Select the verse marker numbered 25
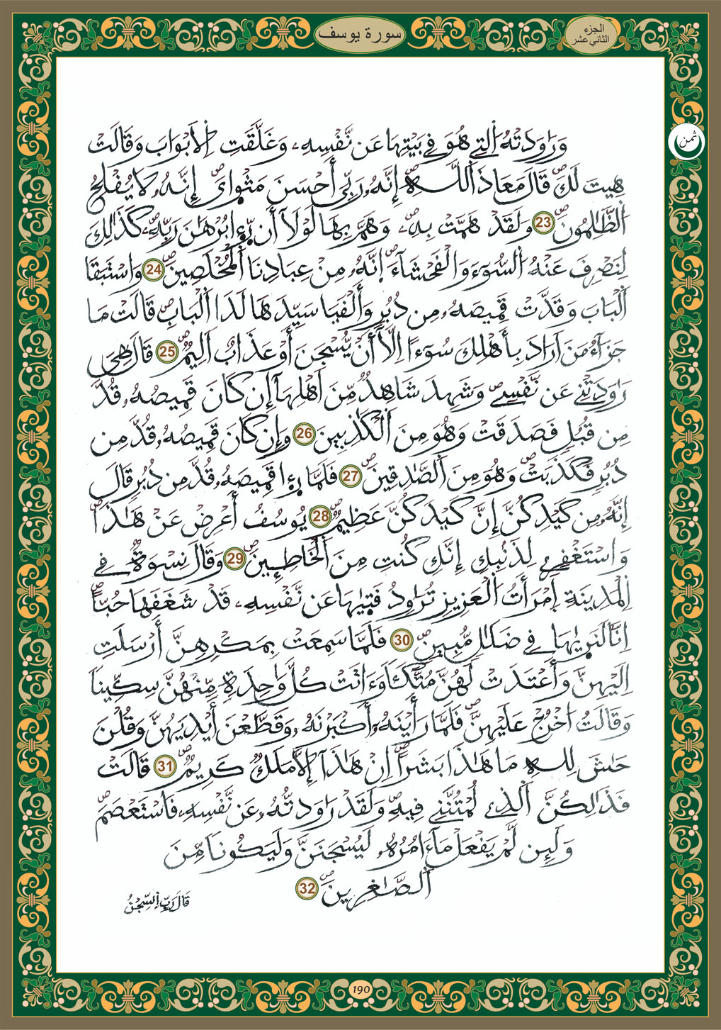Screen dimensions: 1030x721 pos(168,352)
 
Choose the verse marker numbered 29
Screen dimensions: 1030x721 pos(235,559)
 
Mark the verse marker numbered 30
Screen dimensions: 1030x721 pos(402,640)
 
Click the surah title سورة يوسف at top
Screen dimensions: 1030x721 pos(360,33)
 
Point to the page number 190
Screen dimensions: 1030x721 pos(360,990)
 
